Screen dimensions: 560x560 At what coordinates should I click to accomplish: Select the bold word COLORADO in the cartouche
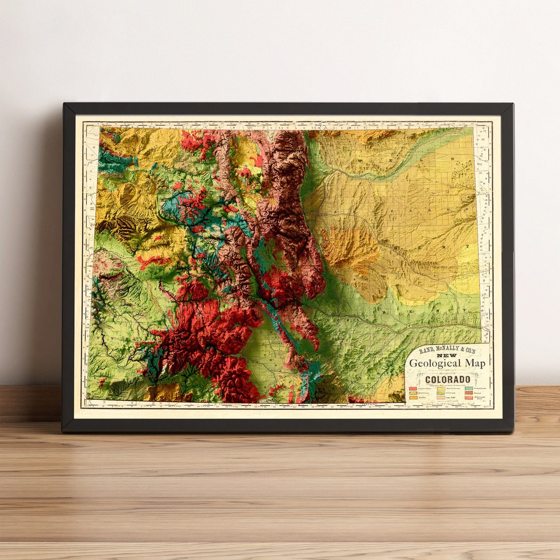pyautogui.click(x=447, y=380)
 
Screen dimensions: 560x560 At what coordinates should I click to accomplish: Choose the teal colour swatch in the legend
pyautogui.click(x=469, y=388)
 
